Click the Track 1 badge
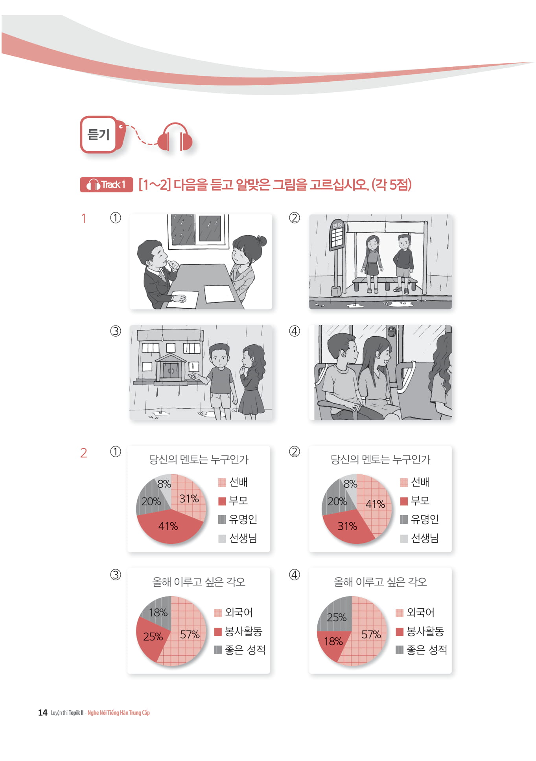tap(106, 185)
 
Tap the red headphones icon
tap(175, 137)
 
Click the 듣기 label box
tap(99, 134)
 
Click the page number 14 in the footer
tap(42, 712)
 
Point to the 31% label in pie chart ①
tap(189, 499)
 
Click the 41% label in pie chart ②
tap(375, 504)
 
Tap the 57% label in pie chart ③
tap(190, 634)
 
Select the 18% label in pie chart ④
tap(333, 641)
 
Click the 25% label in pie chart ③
tap(153, 637)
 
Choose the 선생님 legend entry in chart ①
tap(238, 538)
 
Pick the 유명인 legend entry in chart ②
tap(419, 519)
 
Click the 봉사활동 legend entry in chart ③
tap(238, 631)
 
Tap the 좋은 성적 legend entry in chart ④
tap(421, 650)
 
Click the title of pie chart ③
tap(199, 582)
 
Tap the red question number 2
tap(84, 453)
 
